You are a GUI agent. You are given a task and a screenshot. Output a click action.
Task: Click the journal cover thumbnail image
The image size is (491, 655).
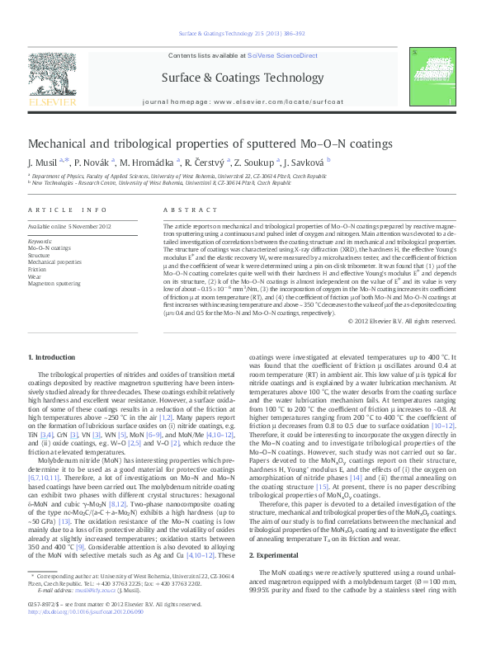click(436, 78)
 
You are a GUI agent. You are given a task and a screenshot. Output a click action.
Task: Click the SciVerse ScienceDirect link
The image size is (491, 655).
click(288, 55)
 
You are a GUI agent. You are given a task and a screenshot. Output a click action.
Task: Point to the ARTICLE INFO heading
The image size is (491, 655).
click(68, 210)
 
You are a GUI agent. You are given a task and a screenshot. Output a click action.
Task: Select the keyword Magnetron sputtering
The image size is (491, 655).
click(54, 283)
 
